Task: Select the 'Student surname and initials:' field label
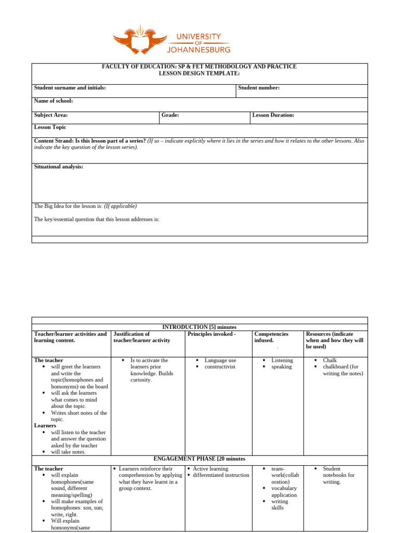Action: point(70,88)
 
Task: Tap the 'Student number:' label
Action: point(259,88)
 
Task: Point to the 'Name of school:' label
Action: point(54,101)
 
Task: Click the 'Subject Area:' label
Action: point(51,115)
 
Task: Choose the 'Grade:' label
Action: point(170,115)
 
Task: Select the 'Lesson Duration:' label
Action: point(273,115)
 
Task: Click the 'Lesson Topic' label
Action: point(50,127)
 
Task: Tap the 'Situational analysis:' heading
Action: point(58,167)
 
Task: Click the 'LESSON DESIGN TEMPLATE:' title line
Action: point(199,73)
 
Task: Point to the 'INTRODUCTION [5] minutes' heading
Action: point(199,327)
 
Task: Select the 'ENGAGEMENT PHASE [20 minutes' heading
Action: point(199,459)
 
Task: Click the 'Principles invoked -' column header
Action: point(211,334)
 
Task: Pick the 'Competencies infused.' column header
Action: point(271,337)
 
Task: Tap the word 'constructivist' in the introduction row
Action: point(220,367)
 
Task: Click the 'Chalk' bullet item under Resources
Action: point(330,360)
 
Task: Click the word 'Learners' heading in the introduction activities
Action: point(45,426)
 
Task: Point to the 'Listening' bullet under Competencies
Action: point(282,360)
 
